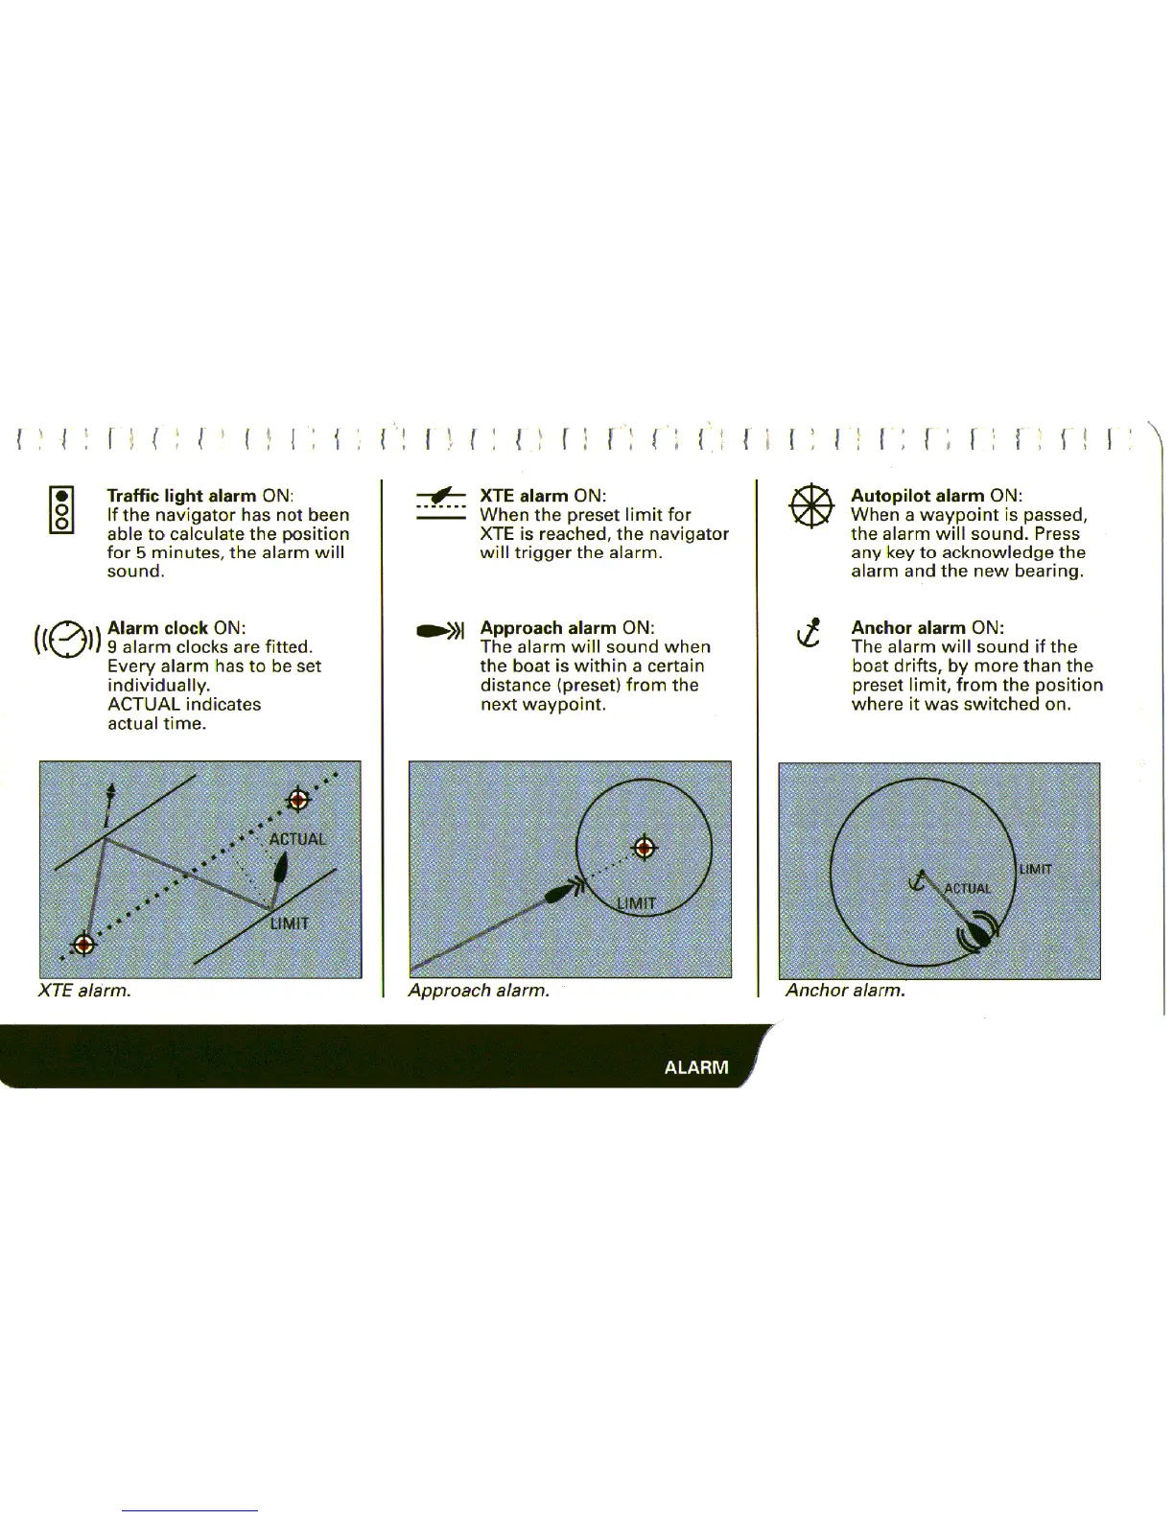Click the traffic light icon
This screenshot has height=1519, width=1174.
click(x=62, y=510)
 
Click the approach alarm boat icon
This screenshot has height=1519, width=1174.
click(x=439, y=630)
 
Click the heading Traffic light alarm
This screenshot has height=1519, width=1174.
click(x=181, y=496)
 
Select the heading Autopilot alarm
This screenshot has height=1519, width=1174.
click(x=918, y=496)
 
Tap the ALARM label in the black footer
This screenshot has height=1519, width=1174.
click(x=696, y=1067)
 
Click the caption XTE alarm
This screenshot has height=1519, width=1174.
click(x=84, y=991)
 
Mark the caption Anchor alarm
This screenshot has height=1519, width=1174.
click(x=845, y=991)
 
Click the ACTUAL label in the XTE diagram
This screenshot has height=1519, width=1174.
click(x=297, y=839)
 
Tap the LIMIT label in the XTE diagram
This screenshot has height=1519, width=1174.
click(x=289, y=923)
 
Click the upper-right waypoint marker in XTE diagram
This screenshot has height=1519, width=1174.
click(x=298, y=800)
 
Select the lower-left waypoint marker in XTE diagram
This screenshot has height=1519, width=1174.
click(x=84, y=944)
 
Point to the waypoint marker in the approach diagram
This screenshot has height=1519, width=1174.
click(x=646, y=848)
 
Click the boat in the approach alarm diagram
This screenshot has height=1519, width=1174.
click(x=558, y=895)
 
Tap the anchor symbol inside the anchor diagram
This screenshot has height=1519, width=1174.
click(x=920, y=880)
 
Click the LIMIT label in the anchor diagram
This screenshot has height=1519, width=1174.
click(x=1036, y=870)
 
